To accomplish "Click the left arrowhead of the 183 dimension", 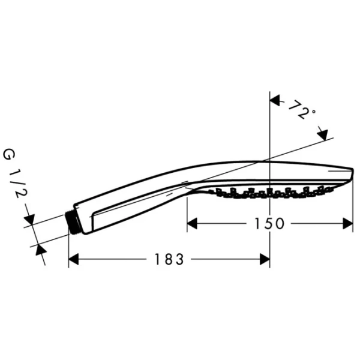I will pyautogui.click(x=74, y=259).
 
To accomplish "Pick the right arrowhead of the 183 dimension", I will pyautogui.click(x=264, y=259).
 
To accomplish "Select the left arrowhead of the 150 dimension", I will pyautogui.click(x=193, y=223).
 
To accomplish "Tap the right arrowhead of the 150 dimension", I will pyautogui.click(x=347, y=223).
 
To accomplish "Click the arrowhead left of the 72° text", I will pyautogui.click(x=276, y=101).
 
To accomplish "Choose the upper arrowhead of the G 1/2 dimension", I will pyautogui.click(x=31, y=220).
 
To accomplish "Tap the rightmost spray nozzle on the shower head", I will pyautogui.click(x=331, y=188).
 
